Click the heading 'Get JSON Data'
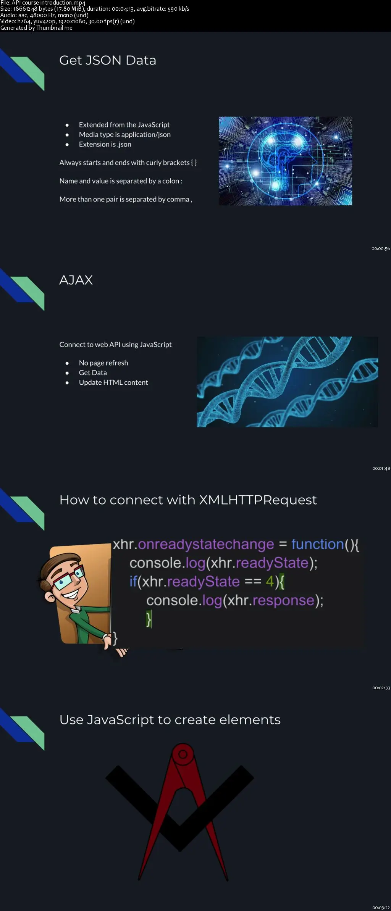(108, 60)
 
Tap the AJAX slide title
(76, 280)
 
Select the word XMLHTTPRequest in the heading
(258, 500)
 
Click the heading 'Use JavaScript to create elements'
(170, 720)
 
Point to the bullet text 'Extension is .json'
(105, 144)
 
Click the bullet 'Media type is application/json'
(125, 134)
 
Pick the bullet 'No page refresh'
(103, 363)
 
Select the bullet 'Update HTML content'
(113, 382)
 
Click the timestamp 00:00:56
(381, 249)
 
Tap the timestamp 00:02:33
(381, 688)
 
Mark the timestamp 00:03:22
(381, 908)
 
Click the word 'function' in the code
(318, 544)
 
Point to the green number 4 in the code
(270, 582)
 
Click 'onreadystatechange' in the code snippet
(206, 545)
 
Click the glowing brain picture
(285, 161)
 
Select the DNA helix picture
(287, 382)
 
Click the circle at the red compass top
(183, 754)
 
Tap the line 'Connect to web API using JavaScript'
(115, 345)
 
